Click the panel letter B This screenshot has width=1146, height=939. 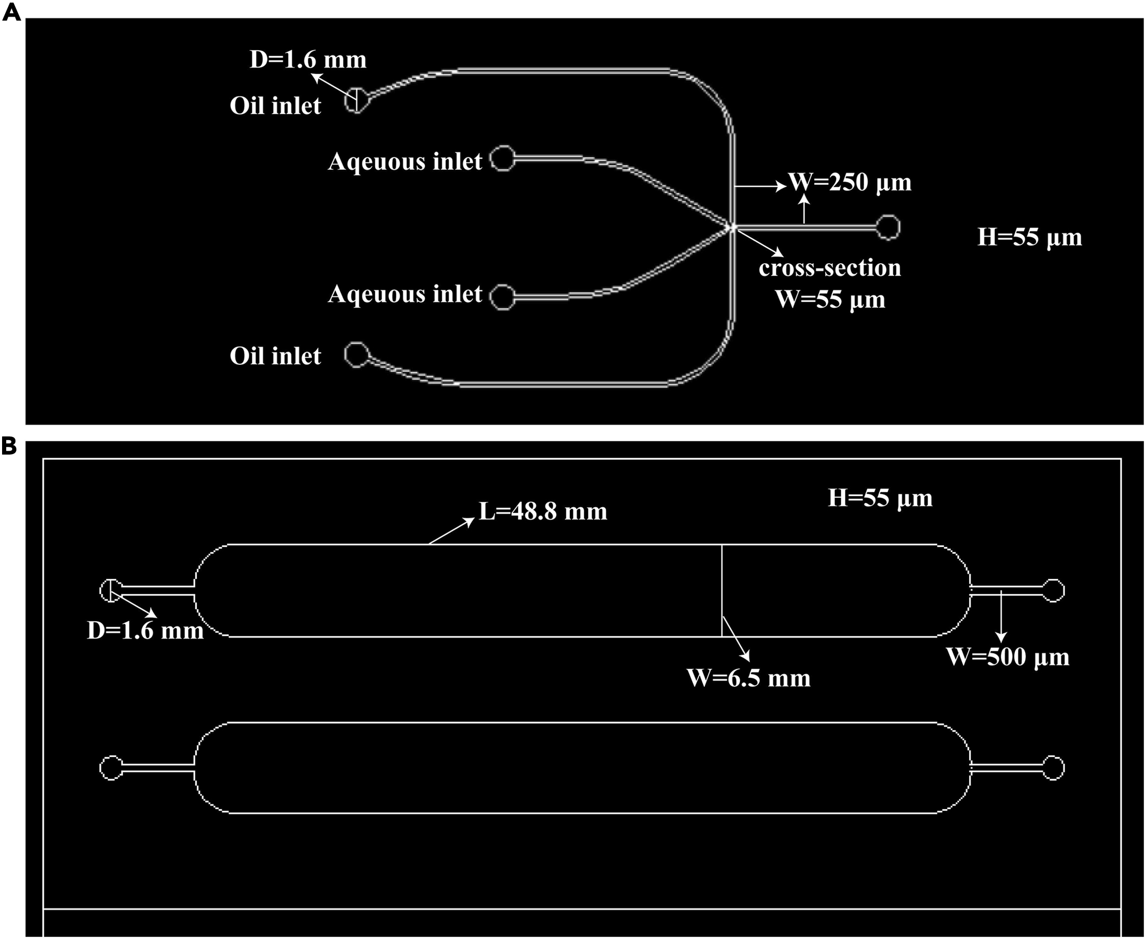9,447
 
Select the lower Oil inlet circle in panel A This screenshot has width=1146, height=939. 357,355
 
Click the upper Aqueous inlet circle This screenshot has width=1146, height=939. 502,158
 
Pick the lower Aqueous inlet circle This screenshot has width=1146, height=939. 502,297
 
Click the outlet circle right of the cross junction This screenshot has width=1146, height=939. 888,227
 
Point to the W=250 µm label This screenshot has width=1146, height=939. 850,182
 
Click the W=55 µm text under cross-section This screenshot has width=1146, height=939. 830,299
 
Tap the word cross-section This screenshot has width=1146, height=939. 829,268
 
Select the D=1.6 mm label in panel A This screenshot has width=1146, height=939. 308,60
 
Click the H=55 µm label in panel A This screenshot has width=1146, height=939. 1029,237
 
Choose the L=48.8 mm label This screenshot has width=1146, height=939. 543,511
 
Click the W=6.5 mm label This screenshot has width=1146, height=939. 748,678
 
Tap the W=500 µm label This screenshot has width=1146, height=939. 1007,657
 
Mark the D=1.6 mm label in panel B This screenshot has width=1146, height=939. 145,631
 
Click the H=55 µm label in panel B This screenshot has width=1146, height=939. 880,498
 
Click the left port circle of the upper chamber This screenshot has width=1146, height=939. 111,590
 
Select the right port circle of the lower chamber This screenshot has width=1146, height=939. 1053,768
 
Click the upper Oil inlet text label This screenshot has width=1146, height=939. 275,105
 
